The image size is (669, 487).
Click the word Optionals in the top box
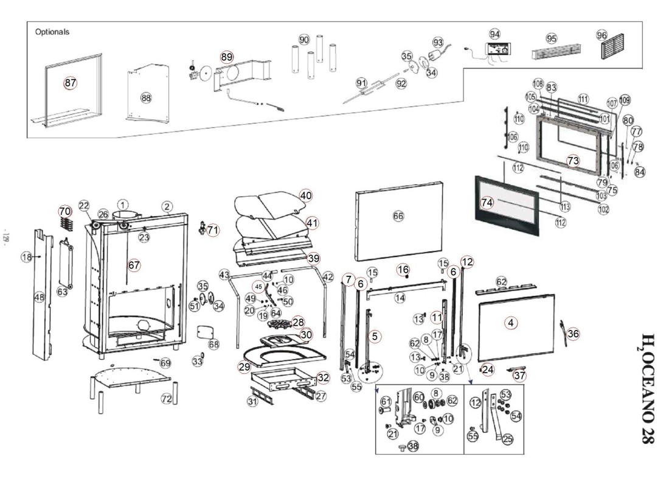(x=52, y=32)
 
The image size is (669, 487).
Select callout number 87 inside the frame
(x=71, y=83)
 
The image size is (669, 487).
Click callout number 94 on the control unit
(x=494, y=34)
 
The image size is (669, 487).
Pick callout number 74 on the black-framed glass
(x=487, y=203)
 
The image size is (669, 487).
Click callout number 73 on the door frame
(x=573, y=161)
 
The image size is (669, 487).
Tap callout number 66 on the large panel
(x=398, y=216)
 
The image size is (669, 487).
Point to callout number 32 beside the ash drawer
(x=323, y=377)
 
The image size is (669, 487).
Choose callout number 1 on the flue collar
(x=123, y=205)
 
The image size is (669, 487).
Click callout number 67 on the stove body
(x=134, y=265)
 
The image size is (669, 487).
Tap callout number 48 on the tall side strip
(x=40, y=297)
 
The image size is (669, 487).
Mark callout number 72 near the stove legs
(x=167, y=399)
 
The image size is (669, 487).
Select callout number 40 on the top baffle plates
(x=305, y=195)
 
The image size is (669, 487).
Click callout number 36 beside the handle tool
(x=573, y=334)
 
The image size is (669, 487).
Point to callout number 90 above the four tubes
(x=304, y=40)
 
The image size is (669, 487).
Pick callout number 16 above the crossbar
(x=403, y=269)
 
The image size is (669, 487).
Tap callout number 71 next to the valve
(x=212, y=230)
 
